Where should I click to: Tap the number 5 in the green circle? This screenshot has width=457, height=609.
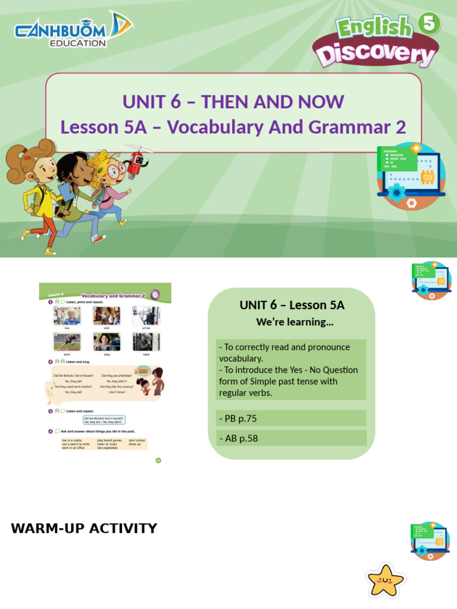[x=430, y=24]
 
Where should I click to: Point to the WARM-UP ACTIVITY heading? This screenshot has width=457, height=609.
[x=84, y=528]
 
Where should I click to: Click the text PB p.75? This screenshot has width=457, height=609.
[x=238, y=418]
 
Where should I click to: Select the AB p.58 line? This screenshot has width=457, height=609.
[x=238, y=438]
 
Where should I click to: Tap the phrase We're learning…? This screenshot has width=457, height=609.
[x=295, y=322]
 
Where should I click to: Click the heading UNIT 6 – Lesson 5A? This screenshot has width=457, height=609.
[x=292, y=305]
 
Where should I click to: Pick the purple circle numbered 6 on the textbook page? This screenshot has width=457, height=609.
[x=155, y=294]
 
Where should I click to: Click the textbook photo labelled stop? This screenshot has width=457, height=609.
[x=107, y=342]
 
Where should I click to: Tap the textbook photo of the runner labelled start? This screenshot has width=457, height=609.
[x=67, y=342]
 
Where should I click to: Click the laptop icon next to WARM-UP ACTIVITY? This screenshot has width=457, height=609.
[x=430, y=541]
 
